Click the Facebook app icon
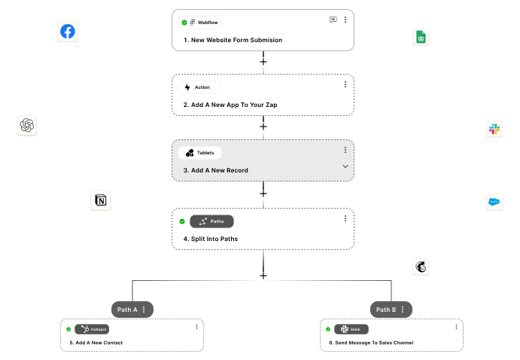point(68,32)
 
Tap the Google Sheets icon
point(421,38)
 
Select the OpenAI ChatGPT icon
point(28,126)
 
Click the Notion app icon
point(100,200)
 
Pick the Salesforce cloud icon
point(494,202)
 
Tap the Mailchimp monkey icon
point(421,267)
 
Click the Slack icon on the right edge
point(494,129)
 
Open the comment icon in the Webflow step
point(333,20)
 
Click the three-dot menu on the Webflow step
point(345,20)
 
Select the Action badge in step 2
point(199,87)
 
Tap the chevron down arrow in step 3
point(345,166)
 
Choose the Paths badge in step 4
point(211,221)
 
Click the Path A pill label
point(132,310)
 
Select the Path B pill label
point(391,310)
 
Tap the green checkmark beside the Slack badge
point(328,329)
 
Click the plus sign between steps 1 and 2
point(263,61)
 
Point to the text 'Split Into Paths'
point(211,239)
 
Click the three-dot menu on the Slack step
point(456,327)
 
